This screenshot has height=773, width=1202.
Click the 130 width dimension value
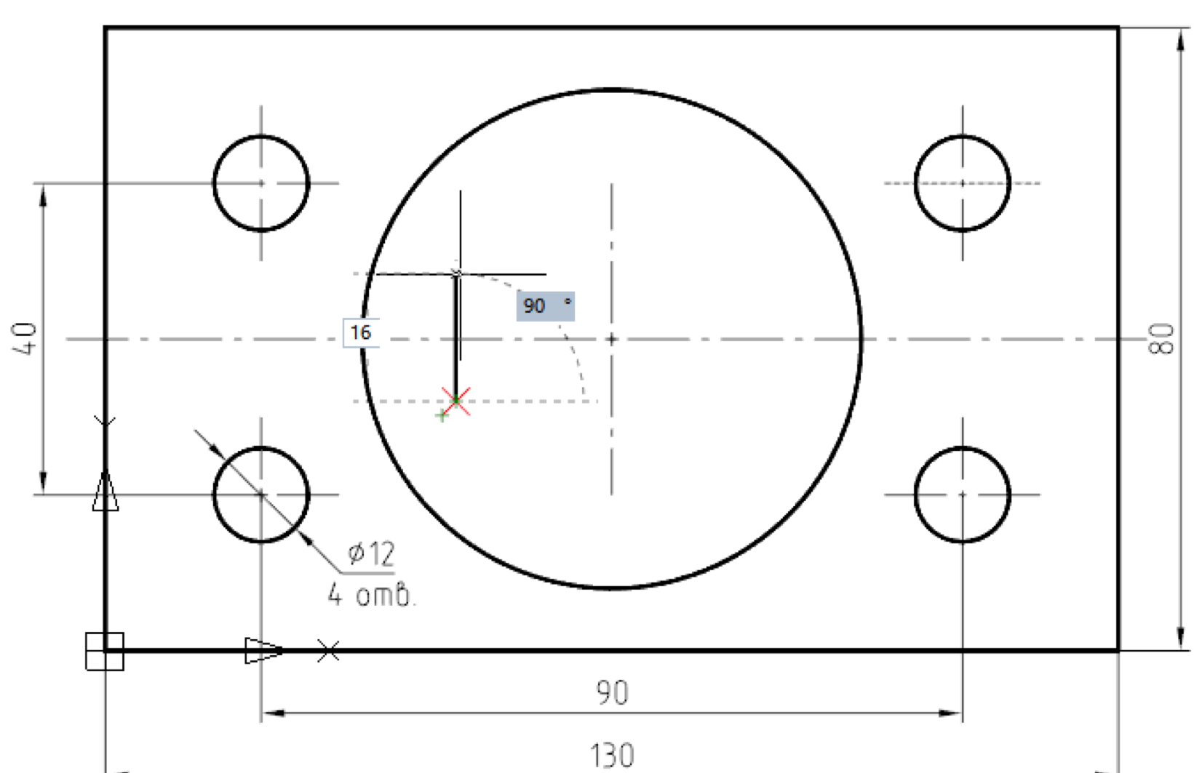pyautogui.click(x=612, y=756)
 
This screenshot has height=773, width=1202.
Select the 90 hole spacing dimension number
pyautogui.click(x=612, y=692)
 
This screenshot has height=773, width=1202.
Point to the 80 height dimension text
pyautogui.click(x=1162, y=339)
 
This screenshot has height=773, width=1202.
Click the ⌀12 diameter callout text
pyautogui.click(x=371, y=554)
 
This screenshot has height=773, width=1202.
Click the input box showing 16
pyautogui.click(x=361, y=333)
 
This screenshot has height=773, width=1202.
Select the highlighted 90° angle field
pyautogui.click(x=545, y=305)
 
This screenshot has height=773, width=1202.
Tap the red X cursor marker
pyautogui.click(x=456, y=401)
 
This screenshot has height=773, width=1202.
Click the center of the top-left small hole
pyautogui.click(x=261, y=183)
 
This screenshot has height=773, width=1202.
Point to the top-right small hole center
pyautogui.click(x=963, y=183)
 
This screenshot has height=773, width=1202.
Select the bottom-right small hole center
pyautogui.click(x=963, y=494)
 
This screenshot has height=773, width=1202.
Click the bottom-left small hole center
pyautogui.click(x=261, y=494)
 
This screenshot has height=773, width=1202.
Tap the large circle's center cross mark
pyautogui.click(x=612, y=339)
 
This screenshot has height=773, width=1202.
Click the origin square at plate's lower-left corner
pyautogui.click(x=105, y=651)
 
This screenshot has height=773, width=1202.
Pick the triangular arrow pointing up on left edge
pyautogui.click(x=106, y=492)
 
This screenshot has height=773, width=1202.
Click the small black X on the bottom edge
pyautogui.click(x=328, y=651)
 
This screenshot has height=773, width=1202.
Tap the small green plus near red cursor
pyautogui.click(x=442, y=416)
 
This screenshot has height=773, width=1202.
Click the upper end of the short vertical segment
pyautogui.click(x=457, y=274)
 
